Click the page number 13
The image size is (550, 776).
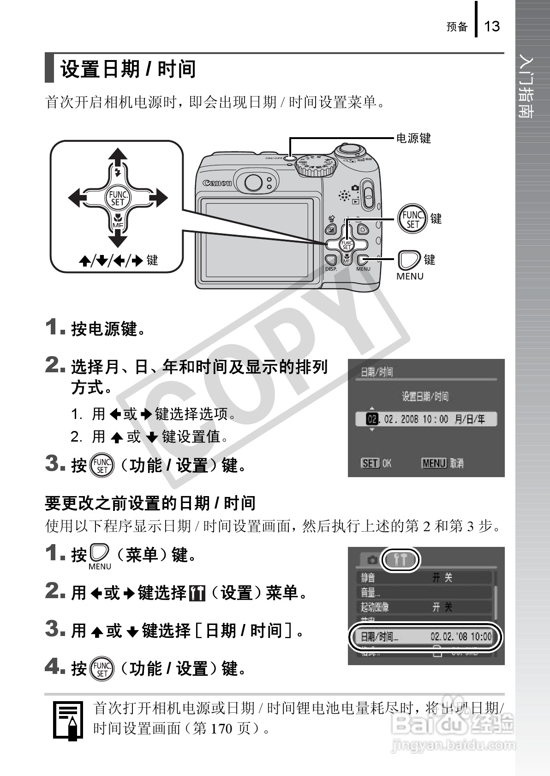(492, 26)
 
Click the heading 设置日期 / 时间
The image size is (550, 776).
(128, 69)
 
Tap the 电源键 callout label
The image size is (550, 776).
(413, 138)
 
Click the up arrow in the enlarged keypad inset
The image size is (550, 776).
(118, 157)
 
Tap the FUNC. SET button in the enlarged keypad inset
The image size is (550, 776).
(118, 198)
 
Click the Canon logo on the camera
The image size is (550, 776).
(217, 183)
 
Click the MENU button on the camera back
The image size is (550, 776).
(363, 261)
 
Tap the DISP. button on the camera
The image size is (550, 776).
(330, 261)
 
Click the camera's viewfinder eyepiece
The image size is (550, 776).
(253, 182)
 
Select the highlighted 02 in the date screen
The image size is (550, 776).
(371, 419)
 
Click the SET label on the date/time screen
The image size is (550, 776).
(370, 463)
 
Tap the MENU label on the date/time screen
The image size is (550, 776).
(434, 463)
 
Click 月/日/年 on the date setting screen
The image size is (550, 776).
(469, 419)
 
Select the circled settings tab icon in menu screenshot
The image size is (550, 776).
(401, 560)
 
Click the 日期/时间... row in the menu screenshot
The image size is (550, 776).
(424, 637)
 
